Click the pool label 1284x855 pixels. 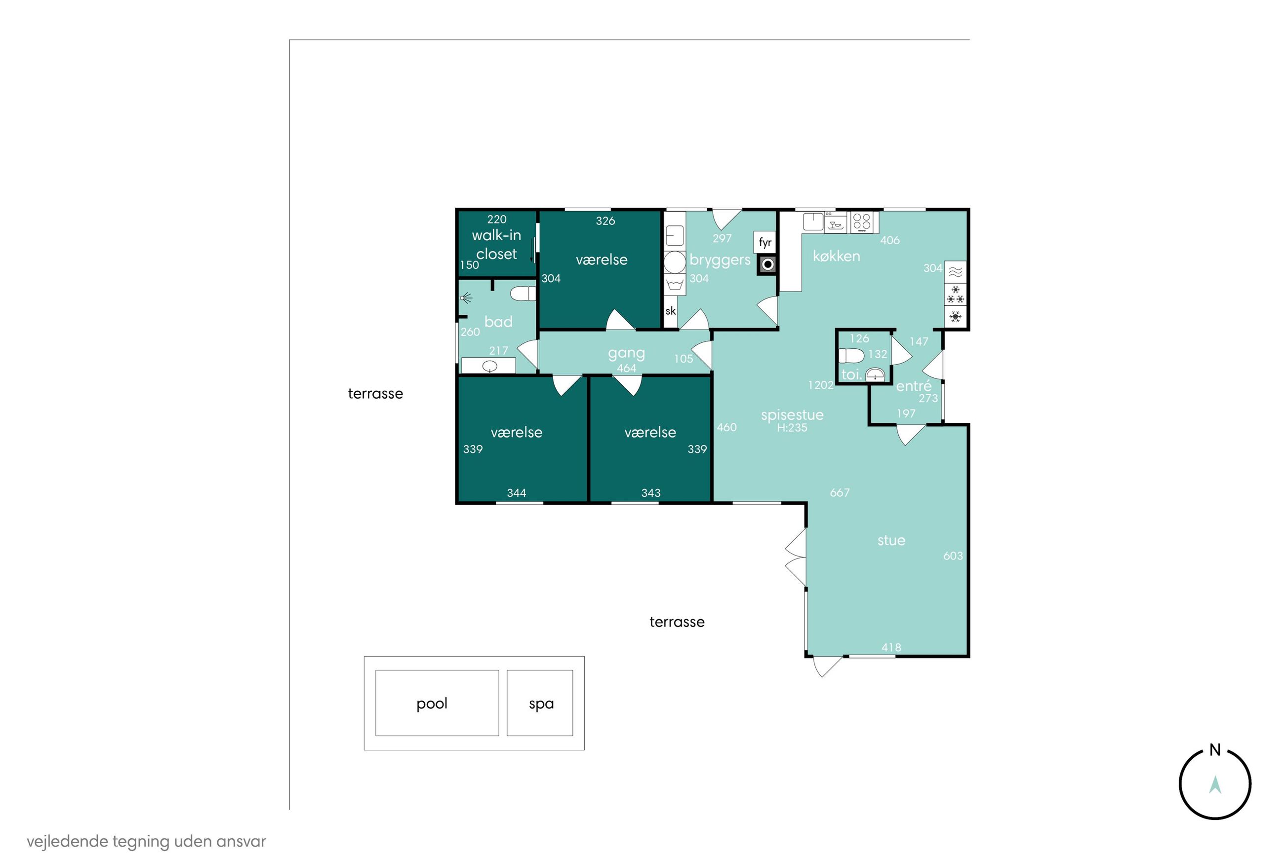[x=432, y=704]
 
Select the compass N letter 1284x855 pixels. [x=1215, y=750]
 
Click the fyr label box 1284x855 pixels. [x=765, y=243]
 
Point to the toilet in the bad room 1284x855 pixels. [x=523, y=294]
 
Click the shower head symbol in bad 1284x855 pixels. [x=466, y=297]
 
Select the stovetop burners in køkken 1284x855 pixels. [x=862, y=222]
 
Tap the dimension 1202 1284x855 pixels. [x=821, y=385]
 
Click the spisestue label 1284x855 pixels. [x=792, y=415]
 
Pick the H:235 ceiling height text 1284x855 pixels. [x=792, y=427]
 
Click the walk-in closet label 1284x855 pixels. [x=496, y=245]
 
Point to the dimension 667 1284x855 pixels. [x=839, y=493]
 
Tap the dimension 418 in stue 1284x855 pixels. [x=891, y=647]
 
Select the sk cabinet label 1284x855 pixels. [x=671, y=311]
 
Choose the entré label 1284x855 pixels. [x=914, y=386]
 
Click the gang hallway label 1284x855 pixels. [x=627, y=354]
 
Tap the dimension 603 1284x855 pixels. [x=953, y=556]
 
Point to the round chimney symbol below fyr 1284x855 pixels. [x=767, y=265]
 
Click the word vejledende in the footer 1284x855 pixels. [x=67, y=841]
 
